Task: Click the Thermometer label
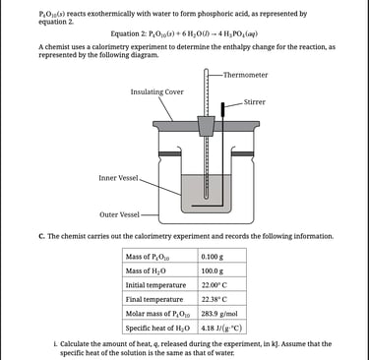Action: pos(245,75)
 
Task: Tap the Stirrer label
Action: pos(255,102)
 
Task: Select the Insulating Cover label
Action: pos(157,91)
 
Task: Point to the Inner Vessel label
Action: pos(118,178)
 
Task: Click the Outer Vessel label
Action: pos(119,214)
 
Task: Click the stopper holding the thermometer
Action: pos(206,126)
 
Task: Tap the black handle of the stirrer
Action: pos(222,109)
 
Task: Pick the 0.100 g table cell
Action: pos(222,256)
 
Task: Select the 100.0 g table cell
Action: pos(222,270)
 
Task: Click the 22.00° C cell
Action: pos(222,285)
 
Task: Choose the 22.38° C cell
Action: pos(222,299)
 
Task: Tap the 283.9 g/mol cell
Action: pos(222,314)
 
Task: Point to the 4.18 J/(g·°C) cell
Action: pos(222,328)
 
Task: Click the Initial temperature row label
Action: pos(155,285)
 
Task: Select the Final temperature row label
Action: pos(154,299)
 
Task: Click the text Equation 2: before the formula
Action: pos(129,33)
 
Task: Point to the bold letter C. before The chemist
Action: pos(41,236)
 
